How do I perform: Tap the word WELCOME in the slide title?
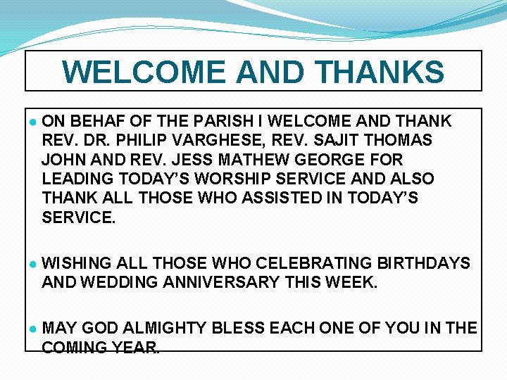(x=144, y=72)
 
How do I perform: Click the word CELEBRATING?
(x=314, y=263)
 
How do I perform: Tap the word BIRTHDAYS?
(x=424, y=263)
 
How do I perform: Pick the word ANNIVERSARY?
(x=232, y=282)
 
